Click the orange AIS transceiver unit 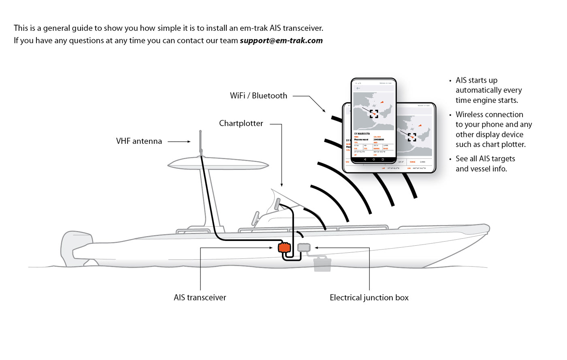tap(284, 247)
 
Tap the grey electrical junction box tap(304, 247)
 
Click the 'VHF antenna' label tap(139, 141)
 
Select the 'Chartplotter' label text tap(241, 124)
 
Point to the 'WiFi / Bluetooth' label tap(258, 96)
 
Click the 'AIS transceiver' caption tap(200, 298)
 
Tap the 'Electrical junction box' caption tap(369, 298)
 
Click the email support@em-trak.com tap(281, 40)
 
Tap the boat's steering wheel tap(255, 218)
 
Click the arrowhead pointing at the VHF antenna tap(189, 142)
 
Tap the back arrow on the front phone tap(358, 88)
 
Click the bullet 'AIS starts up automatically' tap(488, 90)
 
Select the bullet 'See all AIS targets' tap(485, 164)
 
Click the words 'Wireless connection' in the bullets tap(489, 115)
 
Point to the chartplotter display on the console tap(277, 204)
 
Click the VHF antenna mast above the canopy tap(200, 142)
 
